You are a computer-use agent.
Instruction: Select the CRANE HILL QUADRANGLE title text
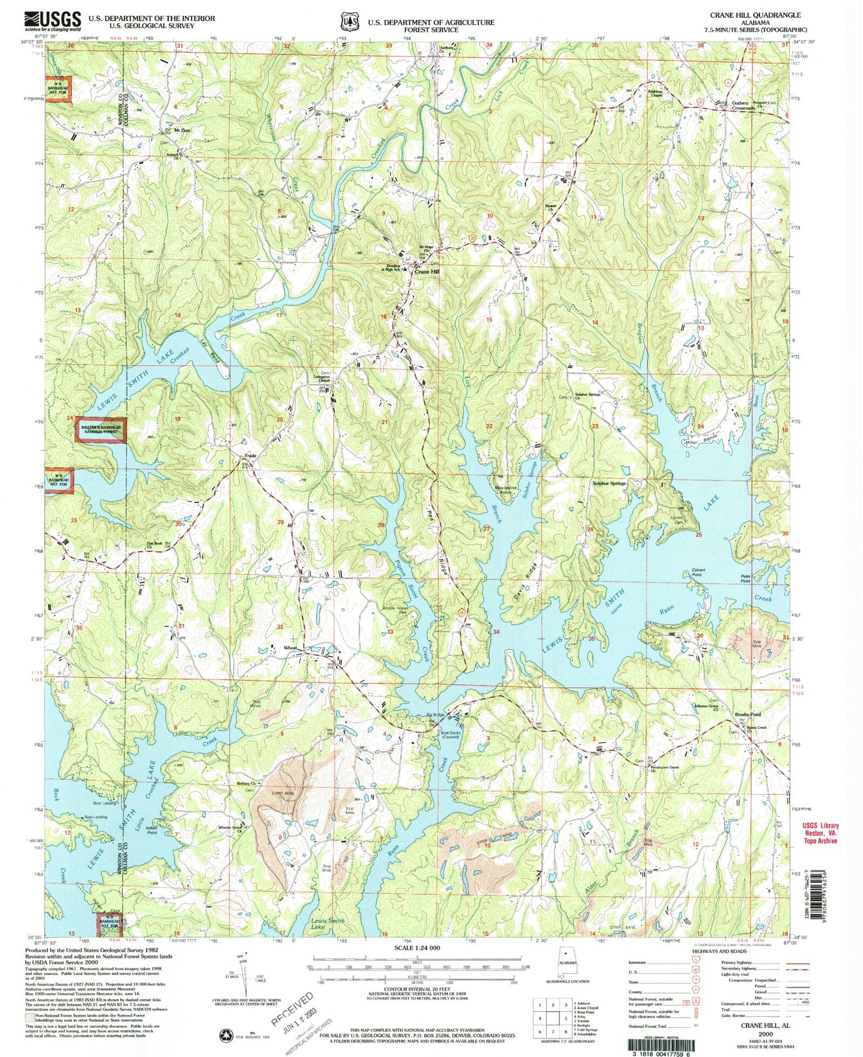pyautogui.click(x=755, y=14)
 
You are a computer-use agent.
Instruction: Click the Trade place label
pyautogui.click(x=249, y=456)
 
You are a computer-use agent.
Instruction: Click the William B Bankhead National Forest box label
pyautogui.click(x=101, y=430)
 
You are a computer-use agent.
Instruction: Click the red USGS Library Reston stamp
pyautogui.click(x=821, y=832)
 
